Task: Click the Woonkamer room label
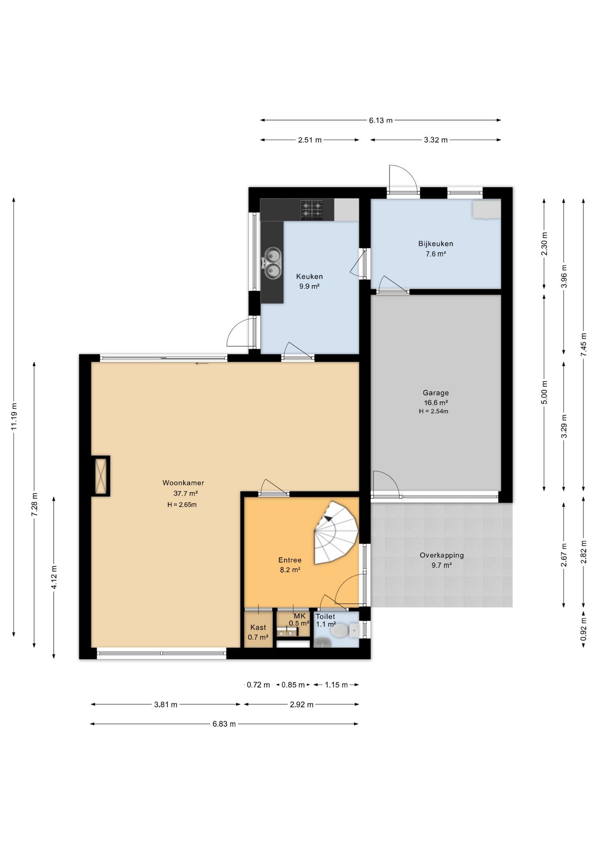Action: (x=183, y=483)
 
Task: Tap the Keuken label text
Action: (x=309, y=276)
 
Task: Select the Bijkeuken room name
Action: (x=436, y=244)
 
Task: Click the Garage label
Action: (x=436, y=393)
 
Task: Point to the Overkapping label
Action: (x=442, y=555)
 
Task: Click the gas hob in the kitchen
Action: (x=311, y=210)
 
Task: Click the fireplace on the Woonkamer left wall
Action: (x=101, y=476)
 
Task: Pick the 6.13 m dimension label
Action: (x=381, y=120)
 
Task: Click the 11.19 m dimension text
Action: (x=14, y=416)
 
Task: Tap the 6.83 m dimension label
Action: (x=224, y=724)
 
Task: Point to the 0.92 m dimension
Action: (x=583, y=629)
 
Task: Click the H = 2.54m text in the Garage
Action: (x=433, y=411)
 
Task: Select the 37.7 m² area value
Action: (x=186, y=493)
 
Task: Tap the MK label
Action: (x=299, y=616)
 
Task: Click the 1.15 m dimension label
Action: (x=336, y=684)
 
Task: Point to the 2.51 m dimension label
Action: (x=310, y=140)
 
